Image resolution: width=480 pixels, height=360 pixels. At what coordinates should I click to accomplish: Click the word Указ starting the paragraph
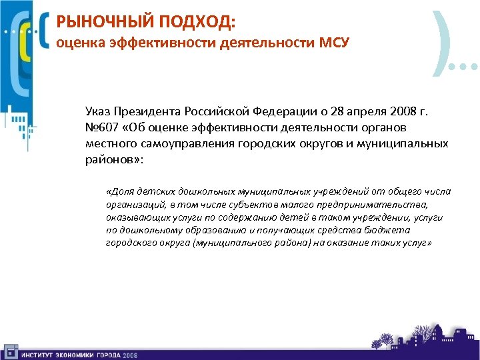click(98, 111)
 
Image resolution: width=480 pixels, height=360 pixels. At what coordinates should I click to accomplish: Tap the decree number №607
click(100, 127)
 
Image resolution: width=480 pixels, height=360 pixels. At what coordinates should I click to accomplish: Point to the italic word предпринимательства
click(381, 205)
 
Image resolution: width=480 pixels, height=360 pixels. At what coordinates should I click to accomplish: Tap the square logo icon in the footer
click(9, 351)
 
